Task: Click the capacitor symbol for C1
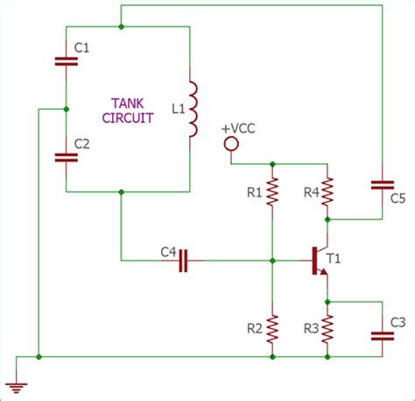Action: [67, 61]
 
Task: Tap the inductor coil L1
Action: [193, 111]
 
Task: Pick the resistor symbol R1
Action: [273, 190]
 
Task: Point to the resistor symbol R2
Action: [273, 328]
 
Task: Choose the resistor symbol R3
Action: [327, 328]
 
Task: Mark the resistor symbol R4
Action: [327, 190]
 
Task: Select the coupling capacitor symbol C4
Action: [184, 261]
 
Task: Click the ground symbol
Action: [15, 383]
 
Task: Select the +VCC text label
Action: [239, 128]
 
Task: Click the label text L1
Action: [178, 109]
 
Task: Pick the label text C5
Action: [397, 198]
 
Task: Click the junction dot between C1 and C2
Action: [67, 110]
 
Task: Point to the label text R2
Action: [254, 329]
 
